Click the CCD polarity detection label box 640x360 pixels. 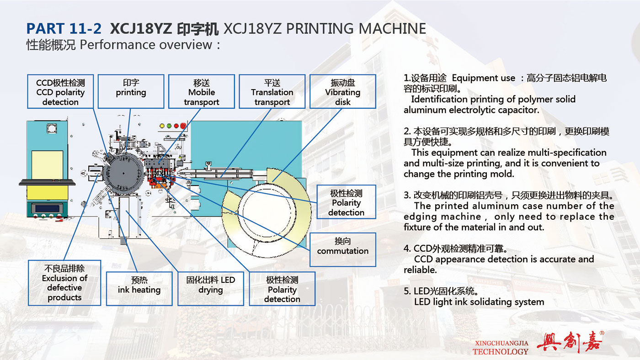click(60, 91)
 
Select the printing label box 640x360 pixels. click(131, 91)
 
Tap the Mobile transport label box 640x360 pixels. click(202, 91)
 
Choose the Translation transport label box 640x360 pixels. click(272, 91)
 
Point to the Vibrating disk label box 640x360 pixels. click(342, 91)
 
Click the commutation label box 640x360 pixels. click(342, 249)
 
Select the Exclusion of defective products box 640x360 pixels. click(64, 283)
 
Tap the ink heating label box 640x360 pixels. click(139, 289)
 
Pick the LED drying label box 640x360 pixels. click(211, 289)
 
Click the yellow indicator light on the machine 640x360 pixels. click(162, 126)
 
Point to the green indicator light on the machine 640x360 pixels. click(169, 126)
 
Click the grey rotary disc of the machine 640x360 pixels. click(123, 173)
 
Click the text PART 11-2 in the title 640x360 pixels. click(64, 28)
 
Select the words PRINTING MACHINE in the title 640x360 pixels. click(356, 28)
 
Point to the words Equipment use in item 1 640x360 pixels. click(484, 78)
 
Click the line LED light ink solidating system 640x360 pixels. click(479, 302)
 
